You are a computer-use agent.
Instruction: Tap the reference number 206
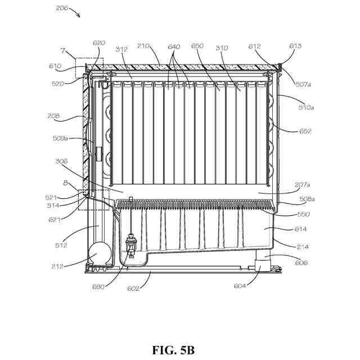(x=63, y=8)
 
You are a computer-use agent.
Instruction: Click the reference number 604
(x=240, y=286)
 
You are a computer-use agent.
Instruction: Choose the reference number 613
(x=296, y=46)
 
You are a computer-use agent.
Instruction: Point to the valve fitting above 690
(x=131, y=246)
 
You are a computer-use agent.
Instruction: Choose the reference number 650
(x=197, y=46)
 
